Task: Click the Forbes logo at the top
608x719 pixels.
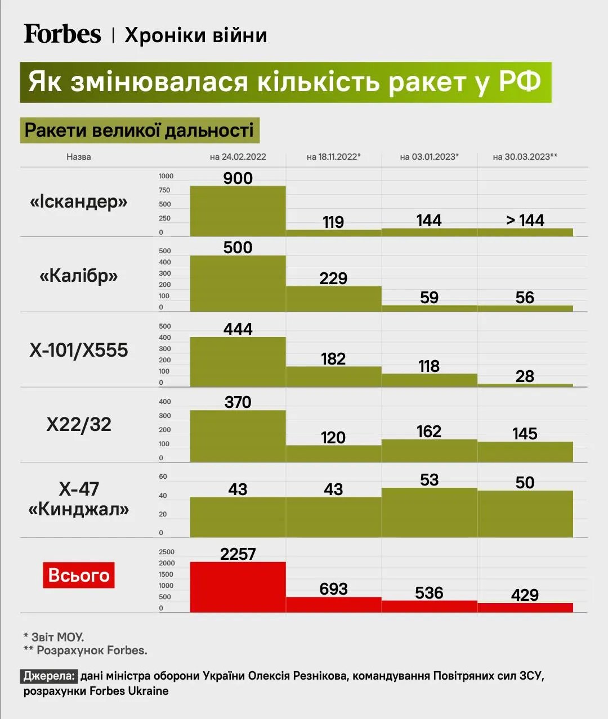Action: coord(62,34)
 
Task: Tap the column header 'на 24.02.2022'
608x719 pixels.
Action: coord(238,157)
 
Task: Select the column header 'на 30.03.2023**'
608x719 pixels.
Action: coord(525,157)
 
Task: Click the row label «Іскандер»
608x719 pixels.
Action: coord(79,201)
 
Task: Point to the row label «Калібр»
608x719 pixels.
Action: coord(79,276)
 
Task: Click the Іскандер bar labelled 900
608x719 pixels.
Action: coord(238,211)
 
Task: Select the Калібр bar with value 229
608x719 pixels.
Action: coord(333,299)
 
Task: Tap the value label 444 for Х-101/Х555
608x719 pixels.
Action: coord(238,329)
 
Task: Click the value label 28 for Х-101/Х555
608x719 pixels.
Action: coord(525,376)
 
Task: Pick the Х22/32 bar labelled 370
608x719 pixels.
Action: coord(238,436)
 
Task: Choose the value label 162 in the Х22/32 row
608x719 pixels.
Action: coord(429,432)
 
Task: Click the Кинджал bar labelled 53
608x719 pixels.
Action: coord(429,513)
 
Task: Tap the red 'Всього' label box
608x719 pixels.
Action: coord(79,575)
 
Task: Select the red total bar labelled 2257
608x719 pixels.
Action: coord(238,587)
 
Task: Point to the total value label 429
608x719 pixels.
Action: coord(525,595)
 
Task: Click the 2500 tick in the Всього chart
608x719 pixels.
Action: coord(167,552)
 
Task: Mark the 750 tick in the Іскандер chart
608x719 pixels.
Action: coord(164,190)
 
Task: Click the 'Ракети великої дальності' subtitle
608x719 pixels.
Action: coord(139,131)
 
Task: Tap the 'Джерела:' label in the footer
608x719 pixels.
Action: coord(49,676)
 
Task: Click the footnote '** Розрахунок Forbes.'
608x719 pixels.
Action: coord(86,650)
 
